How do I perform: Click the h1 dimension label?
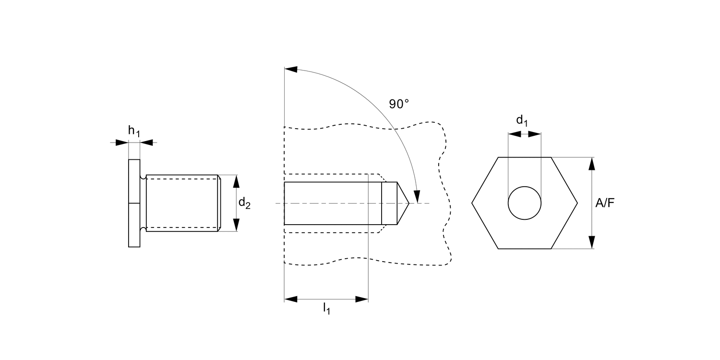(134, 131)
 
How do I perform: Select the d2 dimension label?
(244, 203)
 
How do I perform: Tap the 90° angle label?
(399, 104)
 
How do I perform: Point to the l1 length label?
(326, 308)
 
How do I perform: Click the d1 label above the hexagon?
(522, 120)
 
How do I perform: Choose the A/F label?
(605, 203)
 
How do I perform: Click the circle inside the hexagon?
(525, 187)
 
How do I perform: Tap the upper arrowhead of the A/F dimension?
(591, 164)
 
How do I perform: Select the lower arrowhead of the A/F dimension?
(591, 242)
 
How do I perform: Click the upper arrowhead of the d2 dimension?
(236, 181)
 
